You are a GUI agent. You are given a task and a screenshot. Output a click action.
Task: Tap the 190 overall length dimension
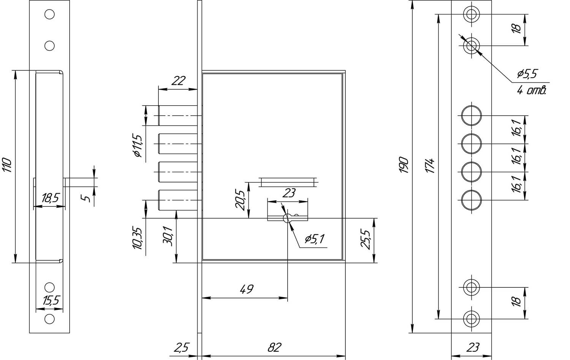click(x=404, y=165)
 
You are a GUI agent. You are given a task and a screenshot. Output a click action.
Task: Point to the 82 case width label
click(x=274, y=347)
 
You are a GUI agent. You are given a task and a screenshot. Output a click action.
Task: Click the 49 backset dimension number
click(x=246, y=289)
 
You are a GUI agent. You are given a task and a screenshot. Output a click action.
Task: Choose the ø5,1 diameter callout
click(x=315, y=239)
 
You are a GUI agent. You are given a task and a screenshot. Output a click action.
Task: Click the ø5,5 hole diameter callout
click(x=526, y=74)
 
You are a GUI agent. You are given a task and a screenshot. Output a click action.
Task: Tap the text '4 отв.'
click(x=531, y=90)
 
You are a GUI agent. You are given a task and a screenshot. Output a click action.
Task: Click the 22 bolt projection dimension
click(x=178, y=81)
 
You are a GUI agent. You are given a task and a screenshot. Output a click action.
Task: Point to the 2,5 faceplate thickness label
click(x=181, y=347)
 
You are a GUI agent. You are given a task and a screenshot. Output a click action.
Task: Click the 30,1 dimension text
click(x=168, y=236)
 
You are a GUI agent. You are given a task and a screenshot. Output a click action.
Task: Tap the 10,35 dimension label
click(x=137, y=238)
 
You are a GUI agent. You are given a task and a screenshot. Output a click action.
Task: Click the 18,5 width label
click(x=51, y=198)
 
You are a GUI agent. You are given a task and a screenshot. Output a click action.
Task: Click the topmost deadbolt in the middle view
click(x=178, y=116)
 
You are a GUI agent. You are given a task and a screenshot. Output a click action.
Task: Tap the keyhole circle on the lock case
click(x=288, y=218)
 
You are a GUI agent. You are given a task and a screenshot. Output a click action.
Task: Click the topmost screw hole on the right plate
click(x=471, y=14)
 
